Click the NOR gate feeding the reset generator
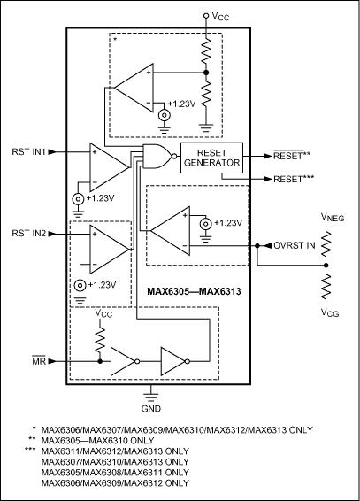click(x=157, y=158)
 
